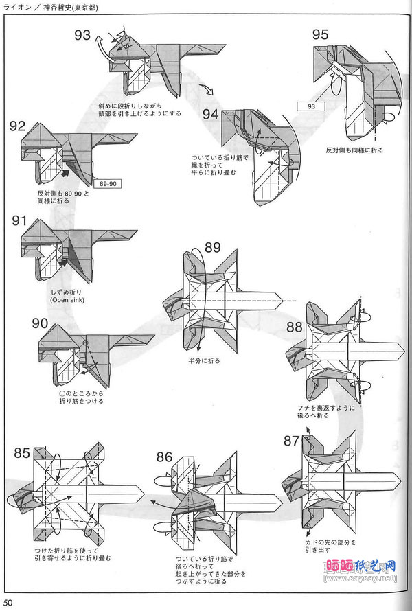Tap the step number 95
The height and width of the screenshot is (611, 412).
point(320,34)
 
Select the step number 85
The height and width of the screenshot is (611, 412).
point(22,452)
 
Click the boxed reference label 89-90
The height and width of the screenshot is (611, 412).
point(108,185)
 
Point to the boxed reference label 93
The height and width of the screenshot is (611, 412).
point(311,106)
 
